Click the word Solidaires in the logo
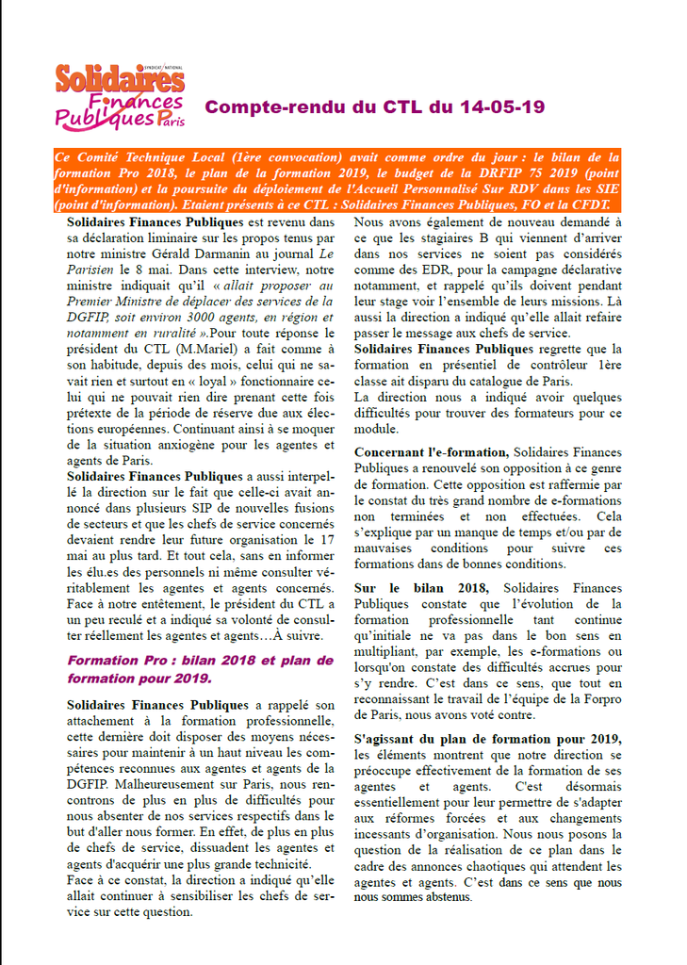tap(119, 79)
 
